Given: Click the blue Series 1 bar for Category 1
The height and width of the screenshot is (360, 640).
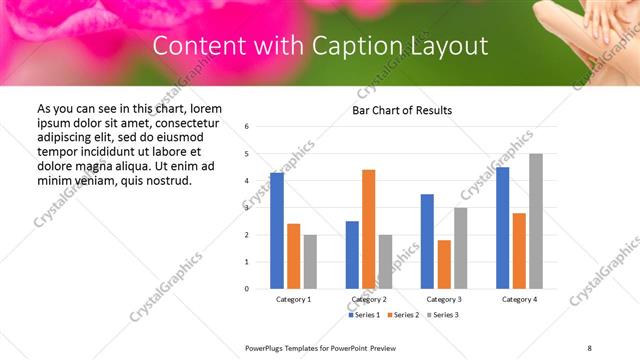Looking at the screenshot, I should (277, 231).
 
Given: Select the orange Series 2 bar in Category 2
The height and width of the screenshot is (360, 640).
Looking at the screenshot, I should (369, 229).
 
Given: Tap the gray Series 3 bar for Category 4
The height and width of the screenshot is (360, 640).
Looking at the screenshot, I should (536, 221).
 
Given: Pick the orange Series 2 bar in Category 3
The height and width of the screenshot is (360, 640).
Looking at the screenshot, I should (444, 264).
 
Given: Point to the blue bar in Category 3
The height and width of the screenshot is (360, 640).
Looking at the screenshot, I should (427, 241).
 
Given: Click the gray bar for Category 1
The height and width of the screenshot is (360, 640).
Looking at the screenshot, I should (310, 262).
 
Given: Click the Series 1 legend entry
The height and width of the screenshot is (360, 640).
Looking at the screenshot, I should (365, 315).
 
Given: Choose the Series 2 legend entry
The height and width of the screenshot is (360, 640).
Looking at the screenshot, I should (403, 315).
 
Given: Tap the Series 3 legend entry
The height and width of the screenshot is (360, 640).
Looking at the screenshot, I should (442, 315).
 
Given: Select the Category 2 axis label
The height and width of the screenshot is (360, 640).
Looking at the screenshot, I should (369, 299).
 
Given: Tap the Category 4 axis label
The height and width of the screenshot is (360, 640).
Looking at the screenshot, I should (519, 299).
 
